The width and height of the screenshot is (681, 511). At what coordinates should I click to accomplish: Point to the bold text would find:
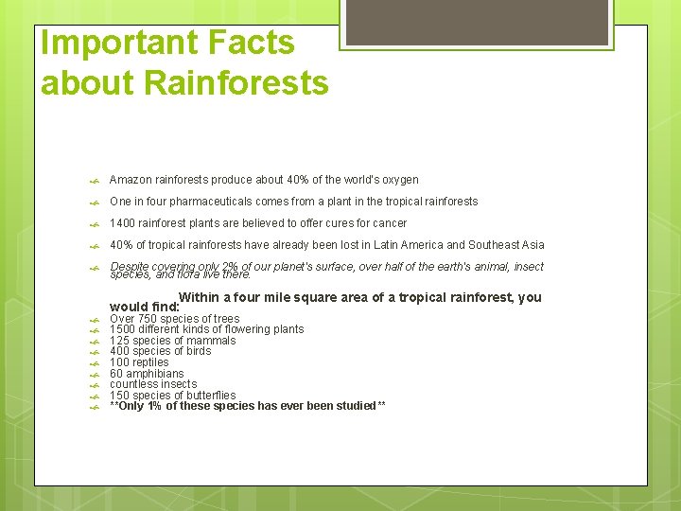(144, 307)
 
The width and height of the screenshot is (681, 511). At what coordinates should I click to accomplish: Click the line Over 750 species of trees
(174, 319)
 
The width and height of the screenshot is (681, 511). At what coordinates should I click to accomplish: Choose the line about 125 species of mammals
(172, 341)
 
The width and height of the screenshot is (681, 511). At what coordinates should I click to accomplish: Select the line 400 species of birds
(160, 351)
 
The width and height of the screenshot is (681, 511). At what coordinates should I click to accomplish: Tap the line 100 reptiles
(139, 362)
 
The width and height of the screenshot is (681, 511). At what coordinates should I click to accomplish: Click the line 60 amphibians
(147, 374)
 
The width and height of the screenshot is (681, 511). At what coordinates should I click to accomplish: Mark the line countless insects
(153, 384)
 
